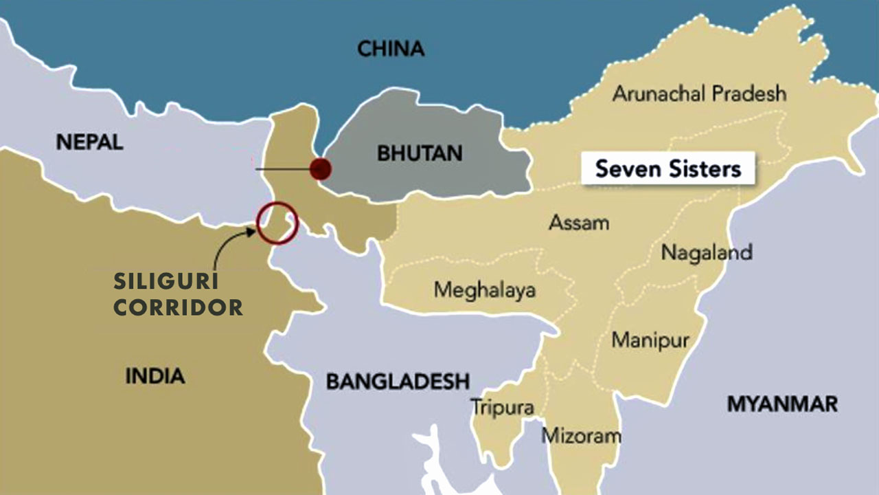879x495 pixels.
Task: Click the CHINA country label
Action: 391,49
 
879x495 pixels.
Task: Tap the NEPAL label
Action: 89,142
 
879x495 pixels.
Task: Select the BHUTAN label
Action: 420,153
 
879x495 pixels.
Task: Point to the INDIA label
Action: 155,376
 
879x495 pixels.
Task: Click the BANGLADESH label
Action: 398,382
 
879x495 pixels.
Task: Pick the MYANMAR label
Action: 782,404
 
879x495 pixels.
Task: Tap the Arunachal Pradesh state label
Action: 699,93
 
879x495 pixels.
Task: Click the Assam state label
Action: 579,223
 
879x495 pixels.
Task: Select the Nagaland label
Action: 707,252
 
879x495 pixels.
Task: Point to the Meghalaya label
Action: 484,290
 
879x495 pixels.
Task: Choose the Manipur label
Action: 650,340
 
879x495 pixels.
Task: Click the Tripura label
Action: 503,407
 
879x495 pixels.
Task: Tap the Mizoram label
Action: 582,435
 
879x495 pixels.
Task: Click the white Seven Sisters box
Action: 667,168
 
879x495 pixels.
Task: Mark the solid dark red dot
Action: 320,168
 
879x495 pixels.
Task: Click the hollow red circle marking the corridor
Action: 277,223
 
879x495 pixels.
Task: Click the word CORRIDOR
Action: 178,308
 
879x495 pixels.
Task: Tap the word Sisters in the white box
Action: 704,169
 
